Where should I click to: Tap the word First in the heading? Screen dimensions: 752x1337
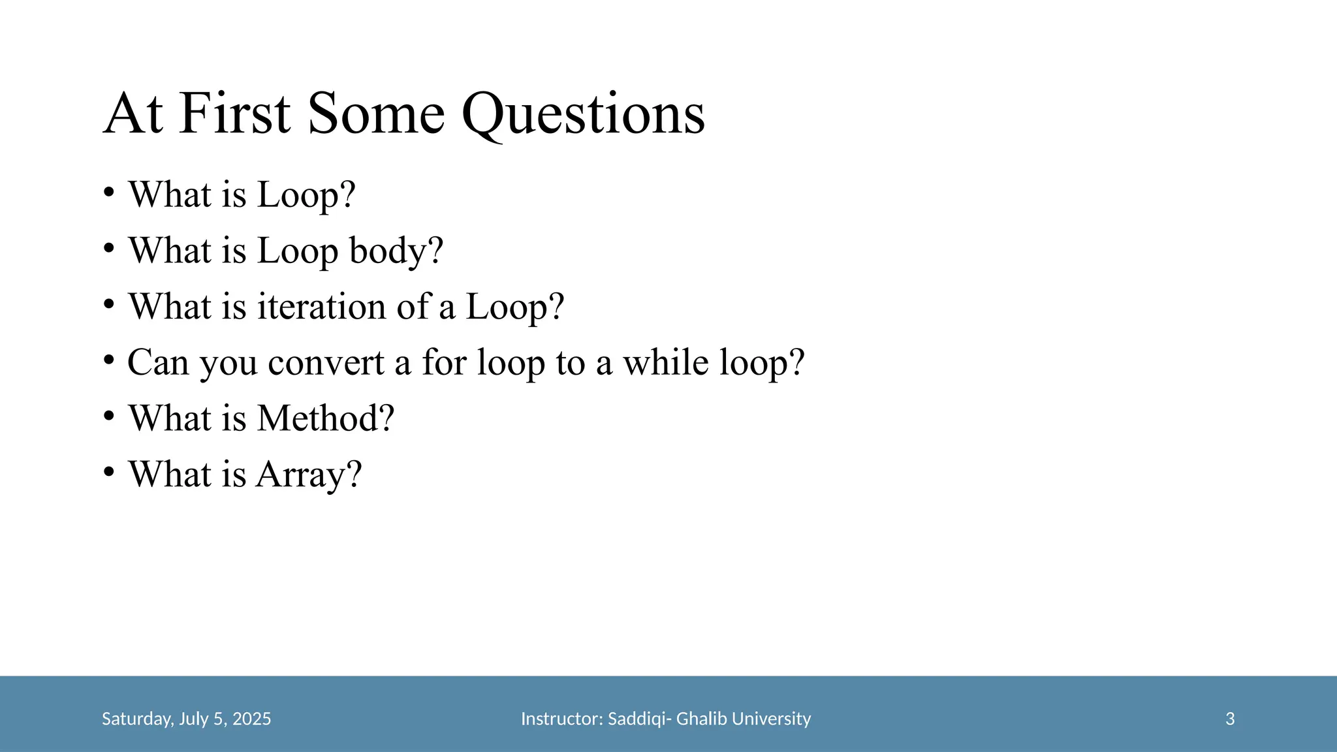coord(234,114)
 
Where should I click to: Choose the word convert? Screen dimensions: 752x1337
coord(326,362)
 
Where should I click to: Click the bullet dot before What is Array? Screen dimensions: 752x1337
coord(109,471)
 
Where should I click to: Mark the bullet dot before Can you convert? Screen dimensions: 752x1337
coord(109,359)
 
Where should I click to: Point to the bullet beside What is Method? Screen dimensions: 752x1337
coord(109,415)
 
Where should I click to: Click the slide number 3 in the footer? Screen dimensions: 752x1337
coord(1230,719)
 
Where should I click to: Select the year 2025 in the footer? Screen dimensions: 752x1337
coord(251,719)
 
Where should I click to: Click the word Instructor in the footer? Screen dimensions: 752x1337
coord(562,719)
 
